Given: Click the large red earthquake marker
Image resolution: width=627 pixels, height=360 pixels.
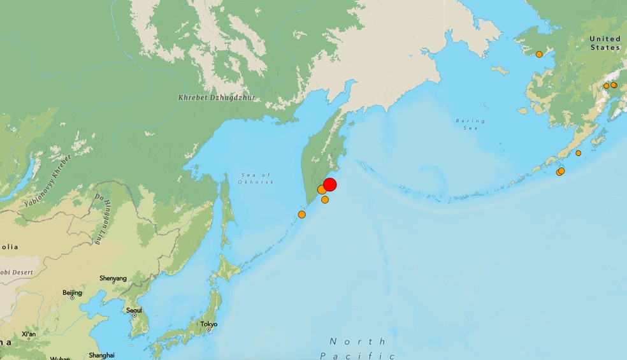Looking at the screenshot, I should tap(329, 185).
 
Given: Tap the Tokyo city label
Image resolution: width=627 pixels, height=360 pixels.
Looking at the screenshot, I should tap(209, 324).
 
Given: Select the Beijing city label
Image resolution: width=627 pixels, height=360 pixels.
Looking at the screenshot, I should tap(73, 292).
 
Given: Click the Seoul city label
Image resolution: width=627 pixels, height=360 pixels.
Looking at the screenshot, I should tap(134, 310).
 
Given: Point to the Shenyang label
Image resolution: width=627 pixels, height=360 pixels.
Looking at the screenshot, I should tap(113, 278).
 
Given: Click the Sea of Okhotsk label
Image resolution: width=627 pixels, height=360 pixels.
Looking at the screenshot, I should tap(257, 178).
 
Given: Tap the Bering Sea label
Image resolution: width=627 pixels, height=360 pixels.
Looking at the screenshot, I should tap(470, 124).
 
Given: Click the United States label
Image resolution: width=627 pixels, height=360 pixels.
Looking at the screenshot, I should tap(605, 43).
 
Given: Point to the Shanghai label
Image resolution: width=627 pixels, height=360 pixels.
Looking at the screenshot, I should tap(102, 355).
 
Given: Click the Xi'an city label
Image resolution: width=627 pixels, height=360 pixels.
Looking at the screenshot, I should tap(29, 334).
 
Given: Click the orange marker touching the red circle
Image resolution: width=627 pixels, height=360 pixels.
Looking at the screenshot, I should tap(322, 190).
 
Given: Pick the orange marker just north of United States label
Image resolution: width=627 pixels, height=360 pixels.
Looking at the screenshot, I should tap(539, 54).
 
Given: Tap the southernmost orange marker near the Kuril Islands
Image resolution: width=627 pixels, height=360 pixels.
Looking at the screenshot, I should tap(301, 215).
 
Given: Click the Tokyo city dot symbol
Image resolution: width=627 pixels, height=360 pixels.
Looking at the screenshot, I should tap(208, 329).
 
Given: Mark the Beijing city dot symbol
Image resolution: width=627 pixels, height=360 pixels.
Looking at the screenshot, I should tap(72, 298).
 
